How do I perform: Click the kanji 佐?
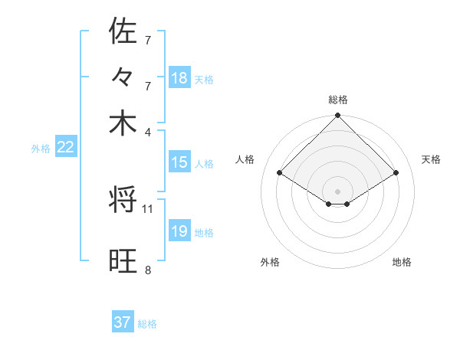[123, 32]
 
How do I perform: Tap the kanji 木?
[123, 123]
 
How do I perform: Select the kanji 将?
[123, 201]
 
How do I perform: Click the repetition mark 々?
[123, 79]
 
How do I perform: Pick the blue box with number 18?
[179, 77]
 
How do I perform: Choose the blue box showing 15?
[179, 162]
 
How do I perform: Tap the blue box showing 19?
[179, 231]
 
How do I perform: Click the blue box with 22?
[65, 148]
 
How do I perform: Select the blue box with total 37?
[123, 322]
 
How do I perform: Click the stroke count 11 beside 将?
[148, 208]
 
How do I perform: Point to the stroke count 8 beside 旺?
[148, 269]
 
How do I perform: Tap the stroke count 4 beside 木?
[148, 131]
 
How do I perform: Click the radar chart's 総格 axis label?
[338, 100]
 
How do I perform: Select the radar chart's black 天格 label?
[432, 159]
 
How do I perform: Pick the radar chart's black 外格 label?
[270, 262]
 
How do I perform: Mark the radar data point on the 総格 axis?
[338, 116]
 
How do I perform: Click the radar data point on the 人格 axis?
[280, 173]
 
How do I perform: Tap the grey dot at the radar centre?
[338, 191]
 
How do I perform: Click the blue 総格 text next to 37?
[147, 324]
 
